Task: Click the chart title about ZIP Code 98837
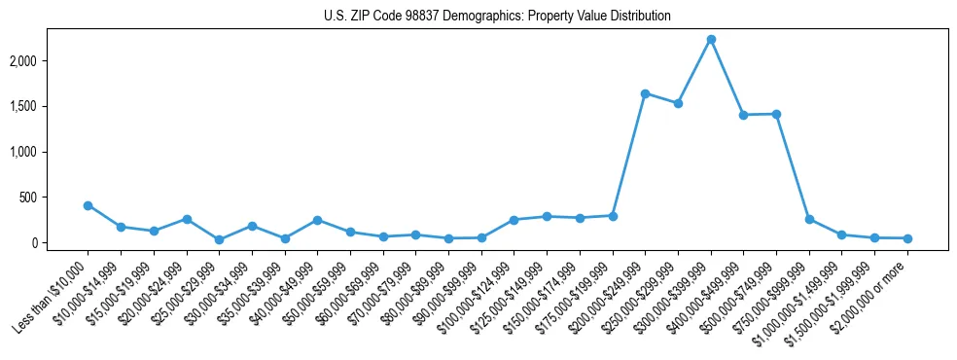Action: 497,17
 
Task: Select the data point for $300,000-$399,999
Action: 711,39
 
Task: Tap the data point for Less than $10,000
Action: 88,205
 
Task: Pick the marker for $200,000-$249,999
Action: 645,93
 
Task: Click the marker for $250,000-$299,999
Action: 678,103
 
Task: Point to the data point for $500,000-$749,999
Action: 776,114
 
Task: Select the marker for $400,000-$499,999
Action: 743,115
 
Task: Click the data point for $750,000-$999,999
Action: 809,219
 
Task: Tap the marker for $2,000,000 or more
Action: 907,238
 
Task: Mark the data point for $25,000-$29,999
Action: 219,239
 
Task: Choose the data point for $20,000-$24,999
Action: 186,219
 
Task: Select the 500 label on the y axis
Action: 53,198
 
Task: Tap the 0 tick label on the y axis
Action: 60,242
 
